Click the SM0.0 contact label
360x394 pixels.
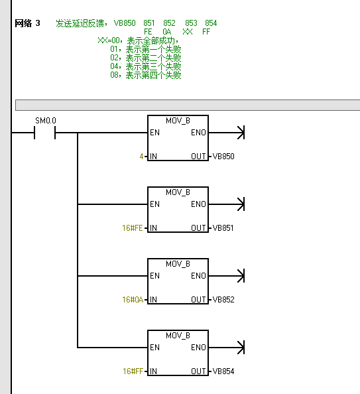tap(46, 121)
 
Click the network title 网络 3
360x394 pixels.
tap(27, 23)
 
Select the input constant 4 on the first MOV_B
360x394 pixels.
tap(141, 157)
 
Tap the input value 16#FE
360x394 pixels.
tap(133, 228)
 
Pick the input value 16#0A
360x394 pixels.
tap(133, 300)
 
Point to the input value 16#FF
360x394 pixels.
tap(133, 371)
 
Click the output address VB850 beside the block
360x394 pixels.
tap(223, 157)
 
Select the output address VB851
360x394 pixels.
tap(223, 228)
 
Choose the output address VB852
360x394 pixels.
tap(223, 300)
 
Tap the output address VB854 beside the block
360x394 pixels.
tap(223, 371)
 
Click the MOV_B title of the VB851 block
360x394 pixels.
tap(178, 192)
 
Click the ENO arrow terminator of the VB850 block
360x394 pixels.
tap(241, 133)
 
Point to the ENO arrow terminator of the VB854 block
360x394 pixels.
tap(241, 348)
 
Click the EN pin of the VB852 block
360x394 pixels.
tap(154, 276)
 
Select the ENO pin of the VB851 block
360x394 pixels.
tap(198, 204)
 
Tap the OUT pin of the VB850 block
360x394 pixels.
tap(198, 157)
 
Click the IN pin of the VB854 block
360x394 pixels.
tap(153, 371)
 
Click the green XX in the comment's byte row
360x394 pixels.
tap(188, 32)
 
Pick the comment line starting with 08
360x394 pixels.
tap(146, 75)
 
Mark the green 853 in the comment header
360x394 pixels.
tap(191, 23)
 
